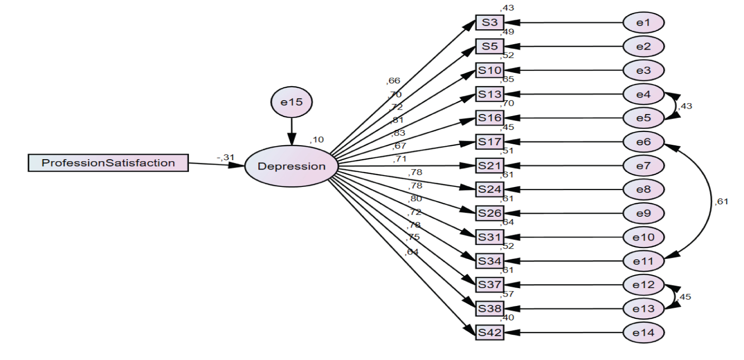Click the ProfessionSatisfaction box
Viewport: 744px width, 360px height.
[x=108, y=163]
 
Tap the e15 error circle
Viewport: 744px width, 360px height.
[x=292, y=102]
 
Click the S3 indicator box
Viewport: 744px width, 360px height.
[x=490, y=22]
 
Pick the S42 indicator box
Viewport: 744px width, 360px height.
[x=490, y=332]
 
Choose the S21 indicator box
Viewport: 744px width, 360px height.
[x=490, y=165]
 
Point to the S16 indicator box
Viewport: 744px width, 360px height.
[x=490, y=118]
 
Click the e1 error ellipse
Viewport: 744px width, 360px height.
[x=643, y=22]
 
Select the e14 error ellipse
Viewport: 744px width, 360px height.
[x=643, y=332]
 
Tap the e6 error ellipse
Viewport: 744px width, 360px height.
[x=643, y=141]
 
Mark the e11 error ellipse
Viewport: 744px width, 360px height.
[x=643, y=260]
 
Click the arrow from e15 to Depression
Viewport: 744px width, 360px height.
[x=292, y=130]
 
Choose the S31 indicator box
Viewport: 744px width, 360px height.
[x=490, y=237]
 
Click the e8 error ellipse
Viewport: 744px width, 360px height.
[x=643, y=189]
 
